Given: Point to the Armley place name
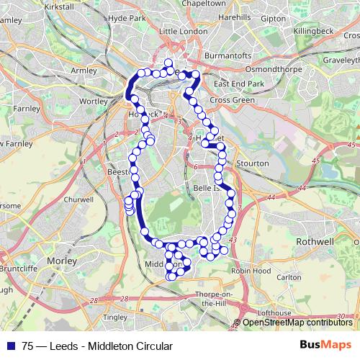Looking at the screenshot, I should coord(84,71).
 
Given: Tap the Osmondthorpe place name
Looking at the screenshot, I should coord(287,69).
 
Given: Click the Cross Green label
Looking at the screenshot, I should coord(233,100).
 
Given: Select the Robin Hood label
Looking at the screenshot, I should coord(251,271).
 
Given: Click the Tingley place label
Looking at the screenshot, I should coord(115,316).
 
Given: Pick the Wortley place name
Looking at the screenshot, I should coord(93,102).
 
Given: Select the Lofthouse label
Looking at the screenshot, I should coord(274,312).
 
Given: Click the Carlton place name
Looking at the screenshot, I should coord(289,276).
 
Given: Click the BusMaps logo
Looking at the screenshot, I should coord(325,346).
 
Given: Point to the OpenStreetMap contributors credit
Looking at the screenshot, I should coord(297,322).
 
